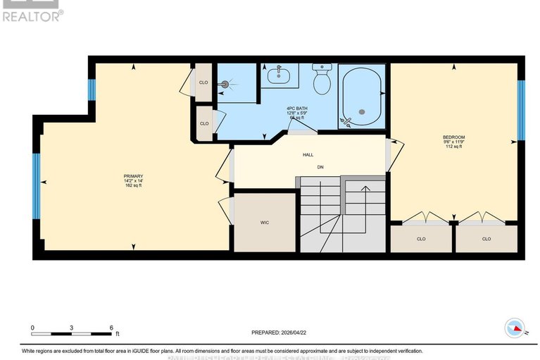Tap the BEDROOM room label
click(x=453, y=137)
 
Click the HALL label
click(x=308, y=155)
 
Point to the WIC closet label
click(x=265, y=223)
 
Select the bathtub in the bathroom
click(x=362, y=97)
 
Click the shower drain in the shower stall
click(x=226, y=84)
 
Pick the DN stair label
click(x=320, y=168)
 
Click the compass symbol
click(x=515, y=328)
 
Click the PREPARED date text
click(x=280, y=333)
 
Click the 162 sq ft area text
click(x=134, y=185)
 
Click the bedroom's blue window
click(x=522, y=109)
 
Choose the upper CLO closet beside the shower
click(x=203, y=82)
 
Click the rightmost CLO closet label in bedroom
click(x=486, y=239)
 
